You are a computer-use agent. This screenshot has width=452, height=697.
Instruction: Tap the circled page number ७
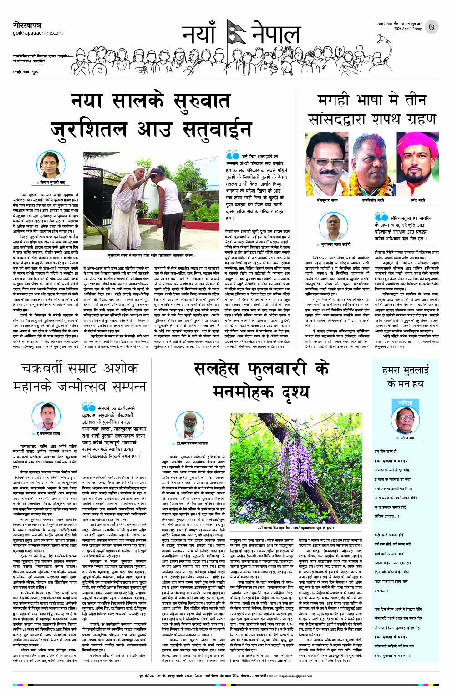point(432,27)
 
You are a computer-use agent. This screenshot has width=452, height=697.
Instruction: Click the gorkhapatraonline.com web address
point(38,33)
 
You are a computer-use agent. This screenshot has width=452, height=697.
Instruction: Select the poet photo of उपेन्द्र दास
point(405,422)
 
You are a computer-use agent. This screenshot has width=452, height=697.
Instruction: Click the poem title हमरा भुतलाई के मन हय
point(405,376)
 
